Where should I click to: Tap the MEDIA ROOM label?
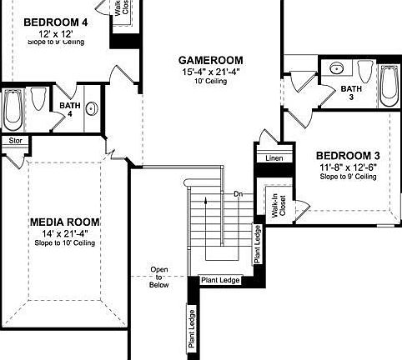tap(65, 222)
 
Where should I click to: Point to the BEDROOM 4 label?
tap(55, 22)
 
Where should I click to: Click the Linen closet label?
tap(274, 157)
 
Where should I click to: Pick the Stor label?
tap(14, 141)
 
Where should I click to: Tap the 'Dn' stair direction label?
tap(239, 194)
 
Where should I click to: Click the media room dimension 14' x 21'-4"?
tap(65, 233)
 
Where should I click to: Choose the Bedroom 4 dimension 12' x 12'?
tap(55, 32)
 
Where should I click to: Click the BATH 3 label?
tap(351, 92)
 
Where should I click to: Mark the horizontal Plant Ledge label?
tap(220, 280)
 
